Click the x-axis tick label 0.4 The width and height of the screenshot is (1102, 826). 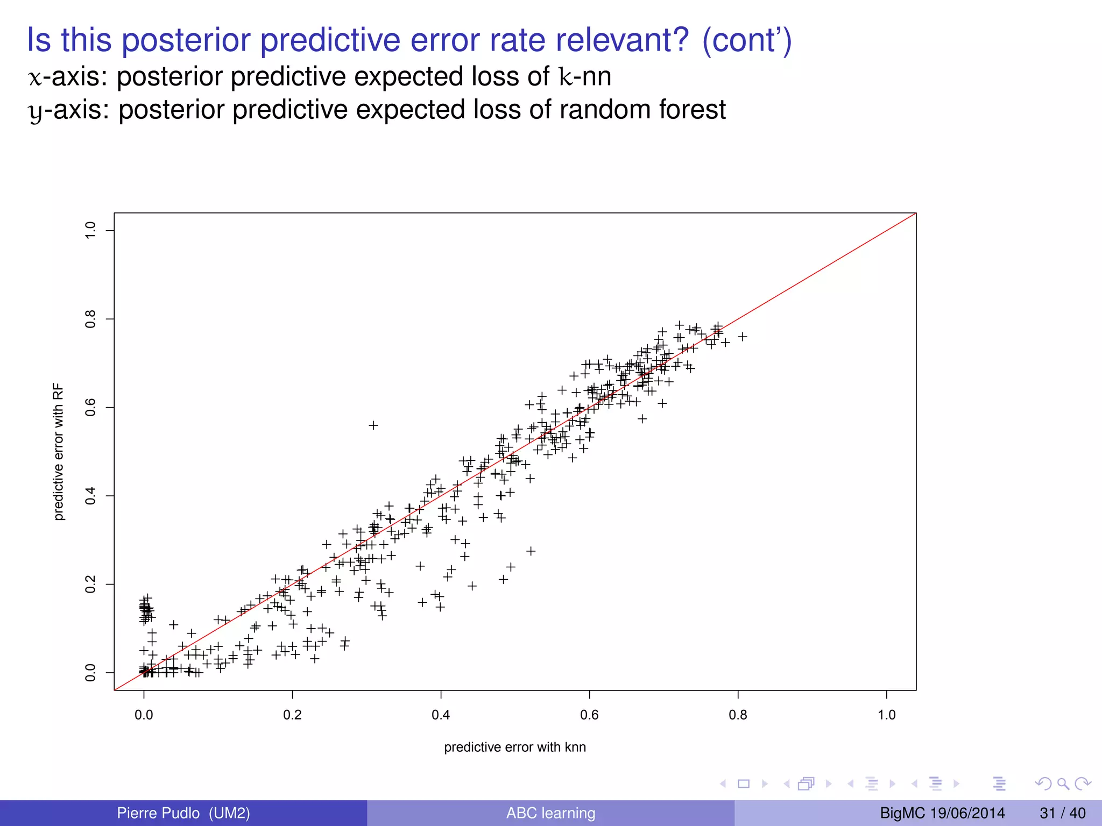tap(441, 715)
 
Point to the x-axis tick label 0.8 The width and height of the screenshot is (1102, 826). tap(738, 715)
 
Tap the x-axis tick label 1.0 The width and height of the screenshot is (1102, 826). tap(886, 715)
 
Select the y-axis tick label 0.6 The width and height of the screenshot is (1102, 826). tap(90, 408)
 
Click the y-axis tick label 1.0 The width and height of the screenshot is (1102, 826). tap(90, 231)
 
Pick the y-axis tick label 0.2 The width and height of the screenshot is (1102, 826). tap(90, 584)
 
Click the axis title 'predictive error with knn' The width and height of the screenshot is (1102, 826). tap(515, 747)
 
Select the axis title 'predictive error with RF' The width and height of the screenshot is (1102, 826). tap(59, 452)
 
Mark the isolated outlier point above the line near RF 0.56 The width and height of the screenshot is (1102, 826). tap(373, 425)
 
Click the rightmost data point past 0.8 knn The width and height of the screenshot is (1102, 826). tap(743, 337)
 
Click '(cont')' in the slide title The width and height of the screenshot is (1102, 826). tap(747, 40)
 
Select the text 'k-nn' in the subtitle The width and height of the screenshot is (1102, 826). tap(585, 76)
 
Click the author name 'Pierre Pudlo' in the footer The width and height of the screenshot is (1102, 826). tap(158, 813)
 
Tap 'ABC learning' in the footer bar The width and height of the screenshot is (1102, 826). tap(550, 813)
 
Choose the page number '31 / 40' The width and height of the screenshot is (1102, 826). tap(1062, 813)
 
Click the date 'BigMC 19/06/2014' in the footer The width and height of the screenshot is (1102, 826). tap(942, 813)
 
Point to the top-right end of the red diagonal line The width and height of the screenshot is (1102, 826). tap(915, 214)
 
